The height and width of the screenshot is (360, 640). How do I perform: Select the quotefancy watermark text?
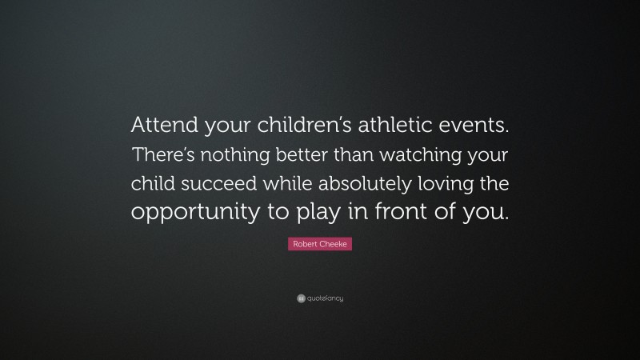(325, 298)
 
